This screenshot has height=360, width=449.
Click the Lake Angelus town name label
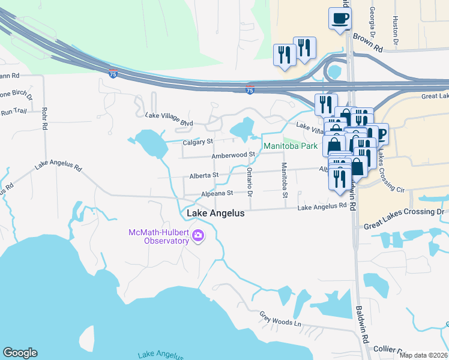(x=215, y=214)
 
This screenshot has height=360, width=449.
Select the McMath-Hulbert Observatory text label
(x=158, y=236)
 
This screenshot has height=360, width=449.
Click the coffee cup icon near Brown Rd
(x=340, y=18)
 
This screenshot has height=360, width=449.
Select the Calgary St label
(x=197, y=142)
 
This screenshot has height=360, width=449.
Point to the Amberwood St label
(x=234, y=155)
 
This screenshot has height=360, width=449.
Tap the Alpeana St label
(x=216, y=193)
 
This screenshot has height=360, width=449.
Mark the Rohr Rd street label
(x=44, y=119)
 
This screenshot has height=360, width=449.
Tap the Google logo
(x=20, y=353)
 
